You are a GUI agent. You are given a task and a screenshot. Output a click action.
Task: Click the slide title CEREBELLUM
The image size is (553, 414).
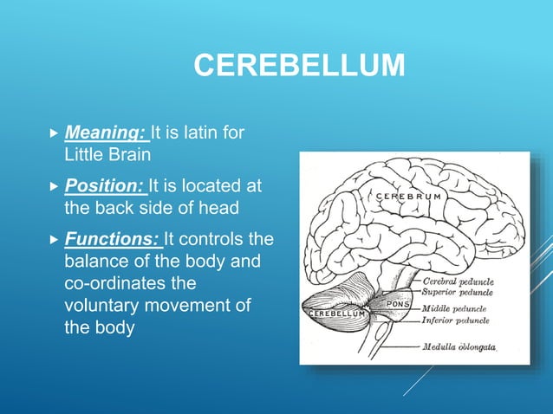pyautogui.click(x=298, y=65)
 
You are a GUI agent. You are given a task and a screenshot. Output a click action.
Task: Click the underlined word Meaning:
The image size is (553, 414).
pyautogui.click(x=106, y=134)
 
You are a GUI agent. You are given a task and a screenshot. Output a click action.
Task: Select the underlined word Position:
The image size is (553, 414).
pyautogui.click(x=105, y=186)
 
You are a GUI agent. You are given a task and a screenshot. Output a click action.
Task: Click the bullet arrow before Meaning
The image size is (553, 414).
pyautogui.click(x=55, y=134)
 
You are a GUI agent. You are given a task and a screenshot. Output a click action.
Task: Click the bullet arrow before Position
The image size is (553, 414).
pyautogui.click(x=55, y=186)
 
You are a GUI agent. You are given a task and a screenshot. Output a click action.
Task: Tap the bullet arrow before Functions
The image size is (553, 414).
pyautogui.click(x=55, y=238)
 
